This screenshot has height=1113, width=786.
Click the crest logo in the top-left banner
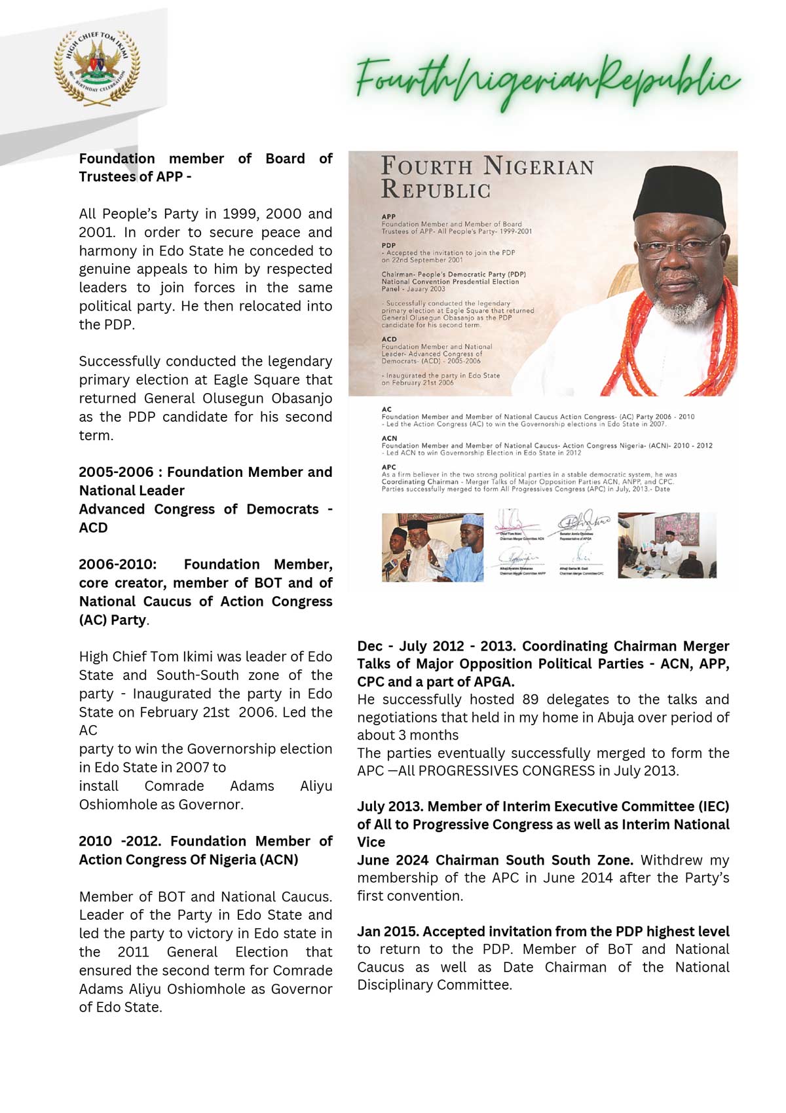pos(96,66)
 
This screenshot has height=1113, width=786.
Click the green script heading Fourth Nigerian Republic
pos(548,81)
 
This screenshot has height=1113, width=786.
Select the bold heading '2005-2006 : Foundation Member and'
pos(205,472)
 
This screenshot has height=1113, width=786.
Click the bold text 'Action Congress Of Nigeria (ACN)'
pos(189,859)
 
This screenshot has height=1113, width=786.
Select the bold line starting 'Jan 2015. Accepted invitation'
pos(543,932)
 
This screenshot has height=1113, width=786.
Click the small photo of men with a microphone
pos(432,548)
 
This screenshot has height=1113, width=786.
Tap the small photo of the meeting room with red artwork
pos(667,545)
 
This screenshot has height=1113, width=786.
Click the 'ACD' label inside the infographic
pos(389,339)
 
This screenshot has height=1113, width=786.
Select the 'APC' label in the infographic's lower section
pos(389,467)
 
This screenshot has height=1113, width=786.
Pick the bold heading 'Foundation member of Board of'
pos(205,159)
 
